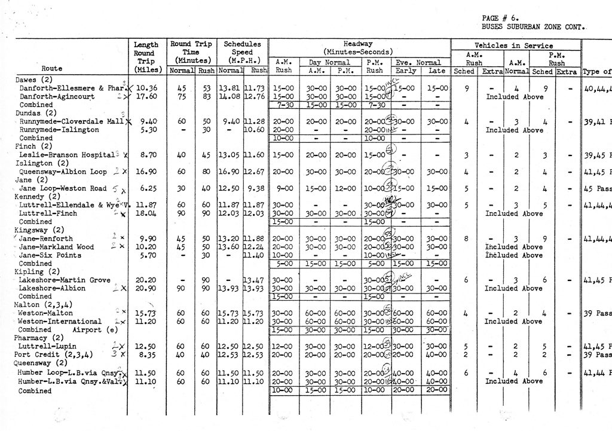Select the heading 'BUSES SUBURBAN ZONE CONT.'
[x=533, y=27]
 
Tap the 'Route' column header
[x=52, y=69]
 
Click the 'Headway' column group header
[x=359, y=44]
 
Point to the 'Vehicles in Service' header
[x=514, y=45]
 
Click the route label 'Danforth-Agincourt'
[x=57, y=96]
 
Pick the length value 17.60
[x=146, y=96]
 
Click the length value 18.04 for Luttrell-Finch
[x=146, y=213]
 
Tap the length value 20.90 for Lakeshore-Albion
[x=146, y=288]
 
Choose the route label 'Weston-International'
[x=56, y=321]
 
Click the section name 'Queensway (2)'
[x=41, y=362]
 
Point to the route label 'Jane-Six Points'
[x=50, y=255]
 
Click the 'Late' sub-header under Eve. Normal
[x=436, y=71]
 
